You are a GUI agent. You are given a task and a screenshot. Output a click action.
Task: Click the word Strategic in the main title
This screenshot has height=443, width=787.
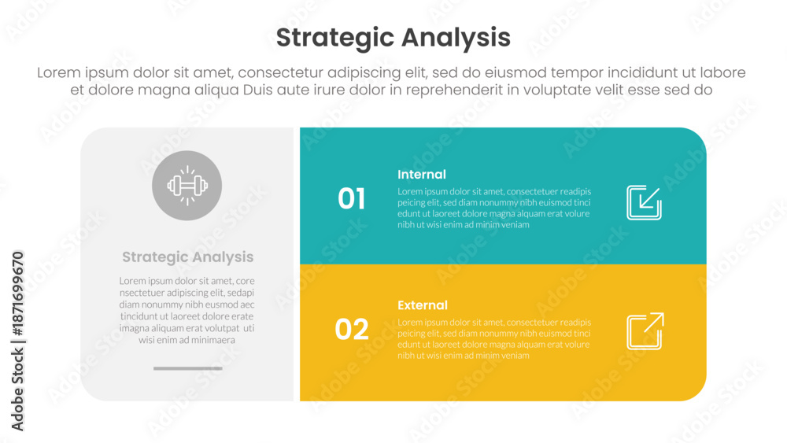(x=334, y=38)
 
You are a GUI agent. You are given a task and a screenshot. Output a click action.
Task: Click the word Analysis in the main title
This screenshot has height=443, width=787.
(x=456, y=38)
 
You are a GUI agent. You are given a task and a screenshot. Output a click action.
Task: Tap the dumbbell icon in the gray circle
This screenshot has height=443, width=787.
(x=187, y=186)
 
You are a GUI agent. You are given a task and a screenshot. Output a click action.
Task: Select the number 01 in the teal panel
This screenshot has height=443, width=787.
(x=351, y=198)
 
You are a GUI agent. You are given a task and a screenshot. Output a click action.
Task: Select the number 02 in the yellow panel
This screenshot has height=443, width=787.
(x=351, y=329)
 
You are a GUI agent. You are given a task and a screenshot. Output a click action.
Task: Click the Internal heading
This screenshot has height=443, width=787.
(x=422, y=175)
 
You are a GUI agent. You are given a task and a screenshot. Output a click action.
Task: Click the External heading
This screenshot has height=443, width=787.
(x=422, y=305)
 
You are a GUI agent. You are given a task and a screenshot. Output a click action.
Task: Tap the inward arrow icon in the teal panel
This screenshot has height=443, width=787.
(x=645, y=203)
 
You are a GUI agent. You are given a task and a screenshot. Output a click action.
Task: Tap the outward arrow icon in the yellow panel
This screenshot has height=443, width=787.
(x=645, y=331)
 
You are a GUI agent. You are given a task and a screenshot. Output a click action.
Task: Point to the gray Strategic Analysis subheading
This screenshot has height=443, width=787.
(x=188, y=257)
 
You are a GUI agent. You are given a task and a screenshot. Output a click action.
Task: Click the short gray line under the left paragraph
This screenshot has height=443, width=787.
(x=188, y=368)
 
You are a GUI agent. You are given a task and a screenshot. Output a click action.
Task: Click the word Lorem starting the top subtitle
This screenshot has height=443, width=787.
(x=59, y=72)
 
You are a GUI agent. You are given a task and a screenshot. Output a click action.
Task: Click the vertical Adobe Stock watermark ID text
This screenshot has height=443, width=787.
(x=17, y=341)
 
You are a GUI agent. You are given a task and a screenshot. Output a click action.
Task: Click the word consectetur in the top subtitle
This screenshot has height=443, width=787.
(x=281, y=72)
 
